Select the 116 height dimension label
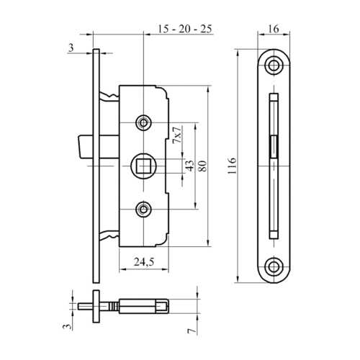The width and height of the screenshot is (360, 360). pyautogui.click(x=229, y=164)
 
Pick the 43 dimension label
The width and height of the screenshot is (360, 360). pyautogui.click(x=189, y=166)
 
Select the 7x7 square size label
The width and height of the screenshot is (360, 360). pyautogui.click(x=176, y=134)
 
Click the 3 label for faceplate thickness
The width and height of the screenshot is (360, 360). pyautogui.click(x=71, y=48)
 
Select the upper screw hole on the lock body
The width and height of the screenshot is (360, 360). pyautogui.click(x=144, y=123)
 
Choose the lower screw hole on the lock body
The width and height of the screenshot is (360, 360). pyautogui.click(x=144, y=210)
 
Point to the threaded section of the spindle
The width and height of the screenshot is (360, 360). pyautogui.click(x=137, y=305)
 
